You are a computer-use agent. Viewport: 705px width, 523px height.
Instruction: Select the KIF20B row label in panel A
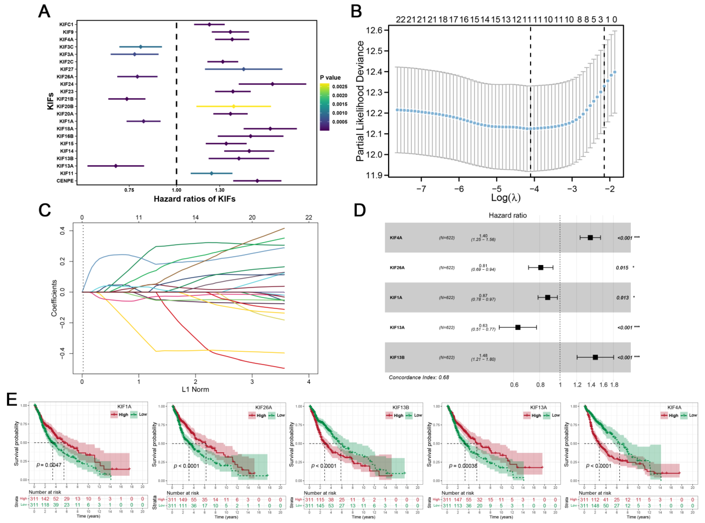(x=65, y=106)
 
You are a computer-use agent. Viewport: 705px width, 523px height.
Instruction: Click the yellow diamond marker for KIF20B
(x=234, y=106)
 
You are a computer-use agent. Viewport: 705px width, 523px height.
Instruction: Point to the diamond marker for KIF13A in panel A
(x=116, y=166)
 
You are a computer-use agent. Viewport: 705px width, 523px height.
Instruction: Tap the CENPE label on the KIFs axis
(x=65, y=181)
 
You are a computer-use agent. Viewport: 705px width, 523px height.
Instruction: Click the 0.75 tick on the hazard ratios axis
(x=129, y=190)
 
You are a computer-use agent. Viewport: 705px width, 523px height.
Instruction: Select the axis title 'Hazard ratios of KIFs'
(x=194, y=199)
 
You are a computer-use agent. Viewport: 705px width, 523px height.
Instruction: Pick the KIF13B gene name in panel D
(x=397, y=357)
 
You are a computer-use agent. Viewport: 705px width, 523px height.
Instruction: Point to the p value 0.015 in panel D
(x=622, y=268)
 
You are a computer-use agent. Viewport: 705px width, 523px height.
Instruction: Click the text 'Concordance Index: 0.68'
(x=419, y=377)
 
